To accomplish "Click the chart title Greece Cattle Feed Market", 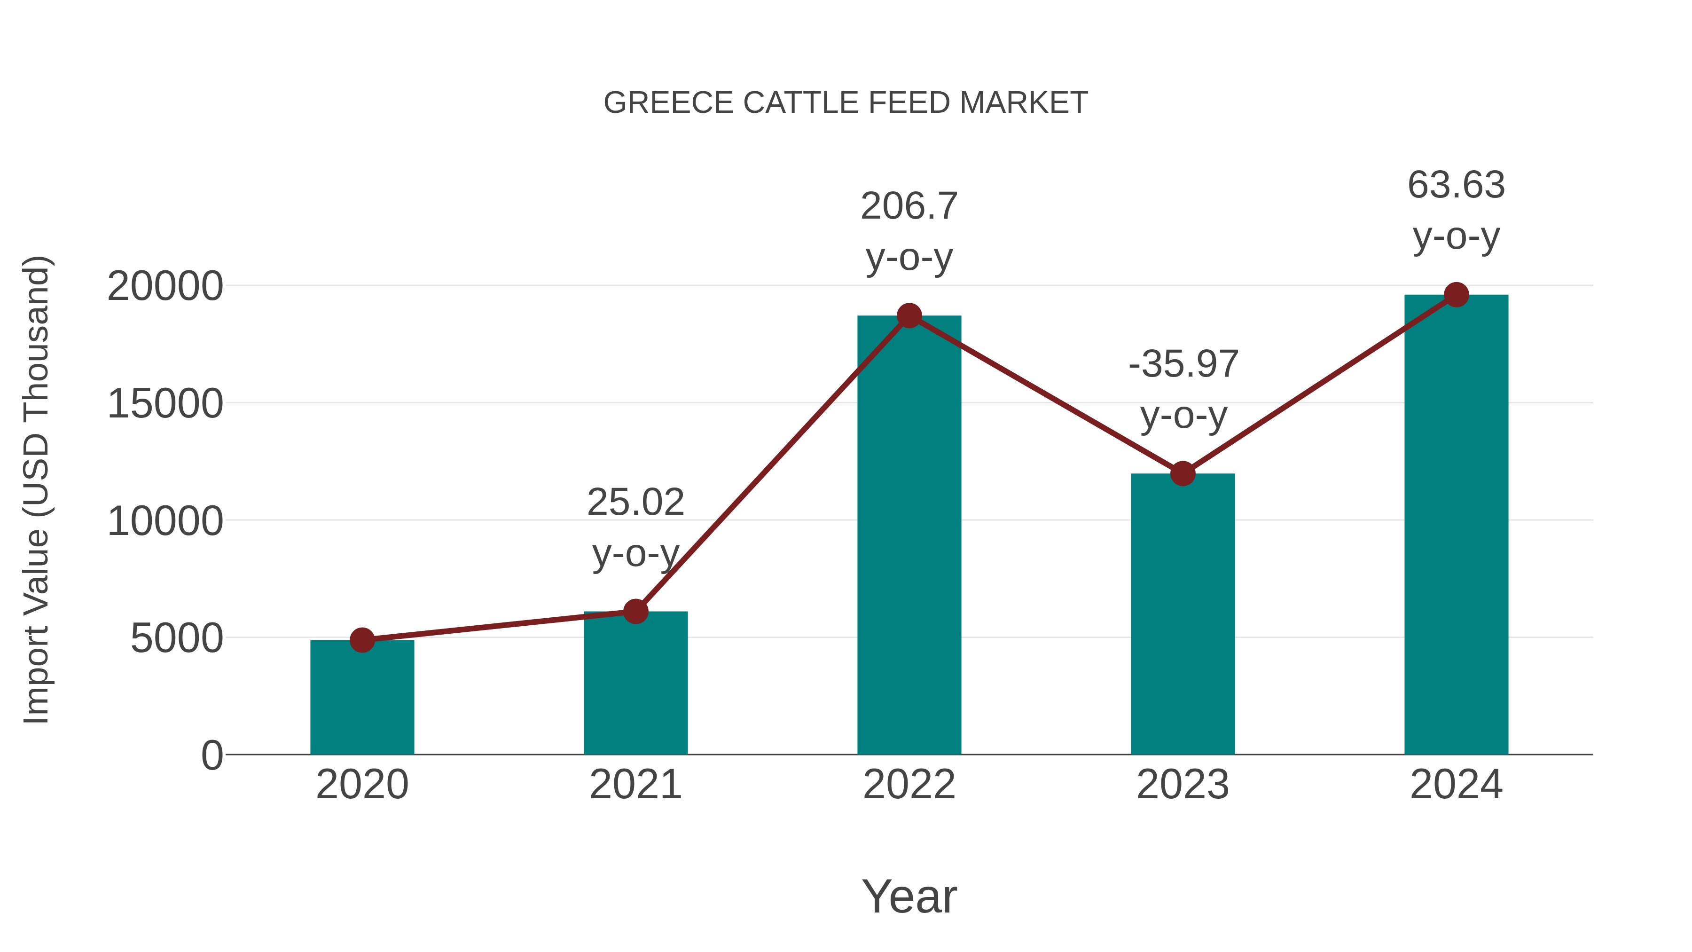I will (x=846, y=103).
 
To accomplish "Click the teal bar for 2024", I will (x=1456, y=526).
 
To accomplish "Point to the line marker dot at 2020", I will (x=362, y=640).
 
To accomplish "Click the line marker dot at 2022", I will (x=909, y=316).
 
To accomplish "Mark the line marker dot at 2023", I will (x=1183, y=473).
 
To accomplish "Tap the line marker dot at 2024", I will (x=1456, y=295).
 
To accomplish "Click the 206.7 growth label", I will (x=909, y=206).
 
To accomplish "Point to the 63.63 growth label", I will (x=1456, y=185).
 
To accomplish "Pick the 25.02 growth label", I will (x=635, y=503).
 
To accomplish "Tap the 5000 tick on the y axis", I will (x=177, y=638).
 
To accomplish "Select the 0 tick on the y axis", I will (x=212, y=755).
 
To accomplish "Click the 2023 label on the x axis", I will (x=1183, y=785).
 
